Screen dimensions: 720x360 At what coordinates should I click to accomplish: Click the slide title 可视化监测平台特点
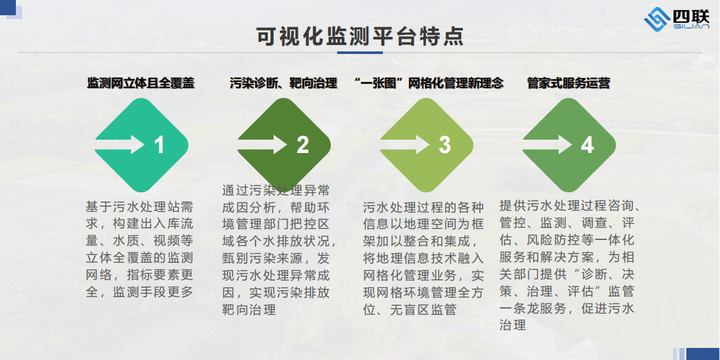pyautogui.click(x=360, y=36)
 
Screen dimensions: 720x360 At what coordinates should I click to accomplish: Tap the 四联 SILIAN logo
pyautogui.click(x=677, y=20)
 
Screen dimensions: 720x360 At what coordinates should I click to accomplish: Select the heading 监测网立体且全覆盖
pyautogui.click(x=141, y=83)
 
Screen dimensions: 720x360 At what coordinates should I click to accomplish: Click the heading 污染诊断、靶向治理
pyautogui.click(x=284, y=83)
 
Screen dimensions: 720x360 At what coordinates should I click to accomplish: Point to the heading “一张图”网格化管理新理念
pyautogui.click(x=429, y=83)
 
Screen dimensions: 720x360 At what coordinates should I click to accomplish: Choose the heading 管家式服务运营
pyautogui.click(x=569, y=83)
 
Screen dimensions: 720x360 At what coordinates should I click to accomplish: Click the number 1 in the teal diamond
pyautogui.click(x=159, y=145)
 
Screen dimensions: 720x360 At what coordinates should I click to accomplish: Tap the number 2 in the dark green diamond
pyautogui.click(x=303, y=145)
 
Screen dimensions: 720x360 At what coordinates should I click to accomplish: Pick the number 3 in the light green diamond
pyautogui.click(x=445, y=145)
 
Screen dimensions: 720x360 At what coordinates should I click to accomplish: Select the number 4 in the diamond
pyautogui.click(x=587, y=145)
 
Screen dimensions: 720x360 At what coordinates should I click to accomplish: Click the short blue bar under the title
pyautogui.click(x=360, y=53)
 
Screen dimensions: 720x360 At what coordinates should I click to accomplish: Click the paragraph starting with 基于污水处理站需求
pyautogui.click(x=140, y=250)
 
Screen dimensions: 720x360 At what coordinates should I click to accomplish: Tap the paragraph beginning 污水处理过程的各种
pyautogui.click(x=423, y=258)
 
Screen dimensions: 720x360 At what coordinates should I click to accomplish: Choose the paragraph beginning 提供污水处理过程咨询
pyautogui.click(x=570, y=265)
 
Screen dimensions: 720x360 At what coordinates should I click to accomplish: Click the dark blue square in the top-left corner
pyautogui.click(x=8, y=6)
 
